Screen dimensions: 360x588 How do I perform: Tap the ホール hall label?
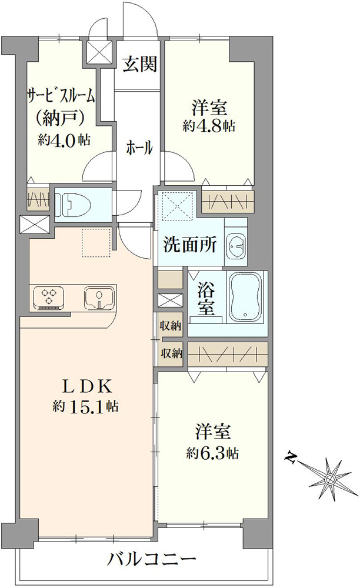point(139,148)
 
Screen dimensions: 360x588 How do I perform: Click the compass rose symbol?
point(329,479)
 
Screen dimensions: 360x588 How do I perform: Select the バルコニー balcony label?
point(152,560)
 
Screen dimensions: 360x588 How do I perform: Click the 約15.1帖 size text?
point(85,406)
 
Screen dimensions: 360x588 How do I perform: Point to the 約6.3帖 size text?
point(212,454)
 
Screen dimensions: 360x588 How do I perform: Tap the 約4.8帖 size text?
point(209,126)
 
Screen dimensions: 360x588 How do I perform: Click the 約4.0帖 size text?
point(64,140)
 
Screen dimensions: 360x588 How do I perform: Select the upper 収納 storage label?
point(171,326)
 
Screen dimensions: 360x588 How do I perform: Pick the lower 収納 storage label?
point(171,353)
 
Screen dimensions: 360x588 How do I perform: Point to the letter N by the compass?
point(291,457)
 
